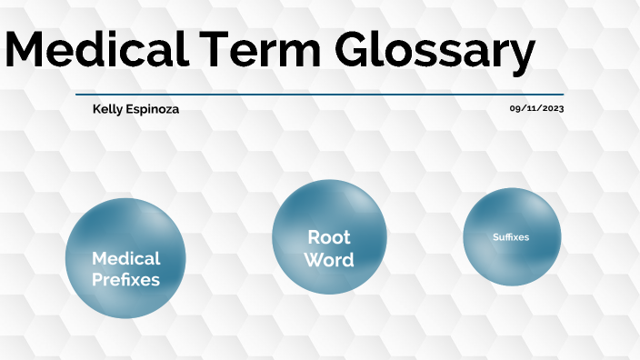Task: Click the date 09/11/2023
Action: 536,108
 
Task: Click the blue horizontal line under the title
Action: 319,94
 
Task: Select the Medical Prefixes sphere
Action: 125,258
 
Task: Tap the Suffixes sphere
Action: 511,236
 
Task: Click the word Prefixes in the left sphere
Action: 125,280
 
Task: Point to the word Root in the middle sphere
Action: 329,237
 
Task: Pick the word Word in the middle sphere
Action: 329,260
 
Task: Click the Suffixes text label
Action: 511,237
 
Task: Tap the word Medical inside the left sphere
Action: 125,258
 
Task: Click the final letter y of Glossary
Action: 520,56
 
